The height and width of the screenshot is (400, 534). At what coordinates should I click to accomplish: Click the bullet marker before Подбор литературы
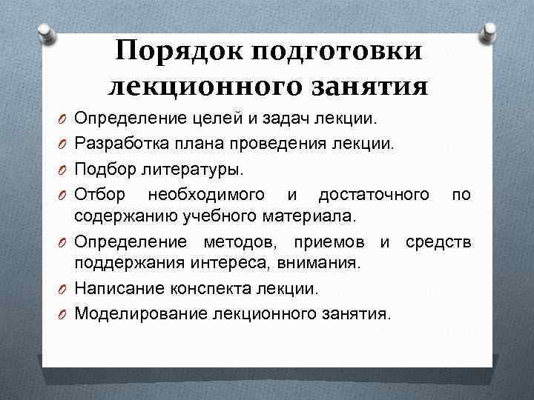point(65,170)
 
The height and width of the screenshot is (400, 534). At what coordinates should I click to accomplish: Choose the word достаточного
point(373,194)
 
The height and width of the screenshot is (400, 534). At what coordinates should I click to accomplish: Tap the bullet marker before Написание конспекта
point(65,290)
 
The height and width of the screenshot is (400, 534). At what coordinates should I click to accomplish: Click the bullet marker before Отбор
point(65,195)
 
